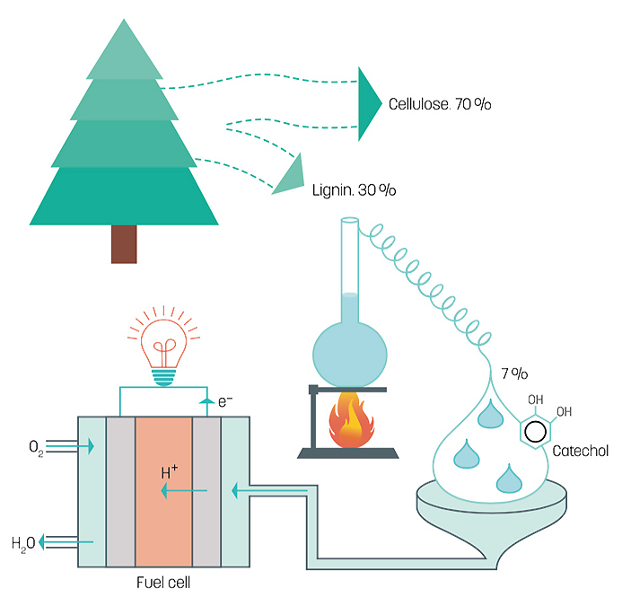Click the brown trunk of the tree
click(124, 244)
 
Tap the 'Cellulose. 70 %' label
click(440, 104)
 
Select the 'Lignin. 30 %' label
click(354, 190)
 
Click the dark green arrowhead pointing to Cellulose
click(370, 104)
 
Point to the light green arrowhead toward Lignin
click(291, 177)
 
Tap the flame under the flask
click(351, 420)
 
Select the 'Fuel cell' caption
click(163, 582)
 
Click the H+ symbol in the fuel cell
click(170, 472)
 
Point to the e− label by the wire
click(225, 401)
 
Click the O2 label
click(36, 448)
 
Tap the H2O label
click(23, 543)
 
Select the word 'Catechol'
click(581, 451)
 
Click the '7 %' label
click(514, 373)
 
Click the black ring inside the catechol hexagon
click(535, 432)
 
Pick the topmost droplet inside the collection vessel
click(491, 415)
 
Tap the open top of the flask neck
click(350, 220)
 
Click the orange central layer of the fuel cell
click(164, 491)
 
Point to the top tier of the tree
click(124, 51)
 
